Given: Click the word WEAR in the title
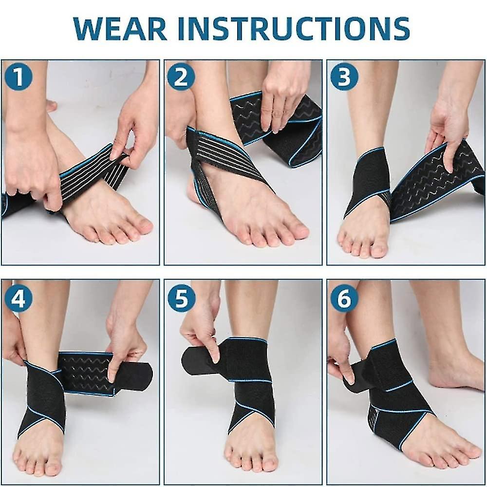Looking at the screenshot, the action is tap(120, 29).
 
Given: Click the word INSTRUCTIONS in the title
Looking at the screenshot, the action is tap(294, 29).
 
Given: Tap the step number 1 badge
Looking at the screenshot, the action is tap(19, 77).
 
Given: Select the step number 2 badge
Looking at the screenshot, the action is tap(181, 77).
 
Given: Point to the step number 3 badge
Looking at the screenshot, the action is tap(344, 77).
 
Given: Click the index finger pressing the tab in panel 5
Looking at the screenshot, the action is tap(214, 348).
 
